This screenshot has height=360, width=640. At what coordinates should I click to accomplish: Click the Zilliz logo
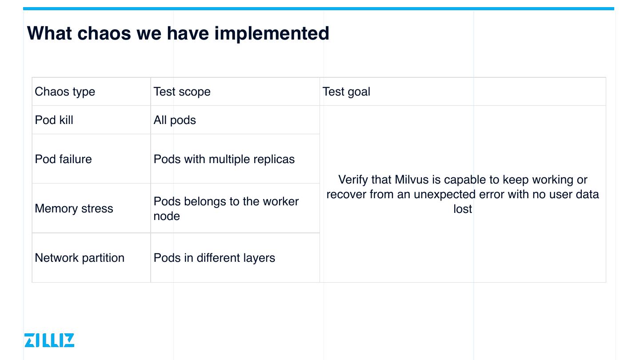(x=49, y=340)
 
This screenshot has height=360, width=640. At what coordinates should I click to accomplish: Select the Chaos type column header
(x=65, y=92)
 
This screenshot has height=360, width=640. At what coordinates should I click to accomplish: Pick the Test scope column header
(x=182, y=92)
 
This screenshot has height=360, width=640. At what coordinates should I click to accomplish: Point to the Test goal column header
(x=346, y=92)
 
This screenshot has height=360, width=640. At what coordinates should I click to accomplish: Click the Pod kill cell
(x=54, y=120)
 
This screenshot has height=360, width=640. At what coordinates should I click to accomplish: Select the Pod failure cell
(x=63, y=160)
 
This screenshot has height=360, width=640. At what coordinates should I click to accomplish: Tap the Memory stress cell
(x=74, y=209)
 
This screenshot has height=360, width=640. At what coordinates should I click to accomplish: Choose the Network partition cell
(x=80, y=258)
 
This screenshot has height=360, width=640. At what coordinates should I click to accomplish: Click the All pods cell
(x=175, y=120)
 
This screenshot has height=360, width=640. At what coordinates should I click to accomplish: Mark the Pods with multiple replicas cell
(x=224, y=160)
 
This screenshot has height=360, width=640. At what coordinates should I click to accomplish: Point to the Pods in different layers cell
(x=214, y=258)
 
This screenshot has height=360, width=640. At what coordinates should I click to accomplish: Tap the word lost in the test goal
(x=463, y=209)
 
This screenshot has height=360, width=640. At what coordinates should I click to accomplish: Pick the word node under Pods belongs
(x=167, y=216)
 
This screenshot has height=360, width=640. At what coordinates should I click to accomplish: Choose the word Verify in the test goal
(x=352, y=180)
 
